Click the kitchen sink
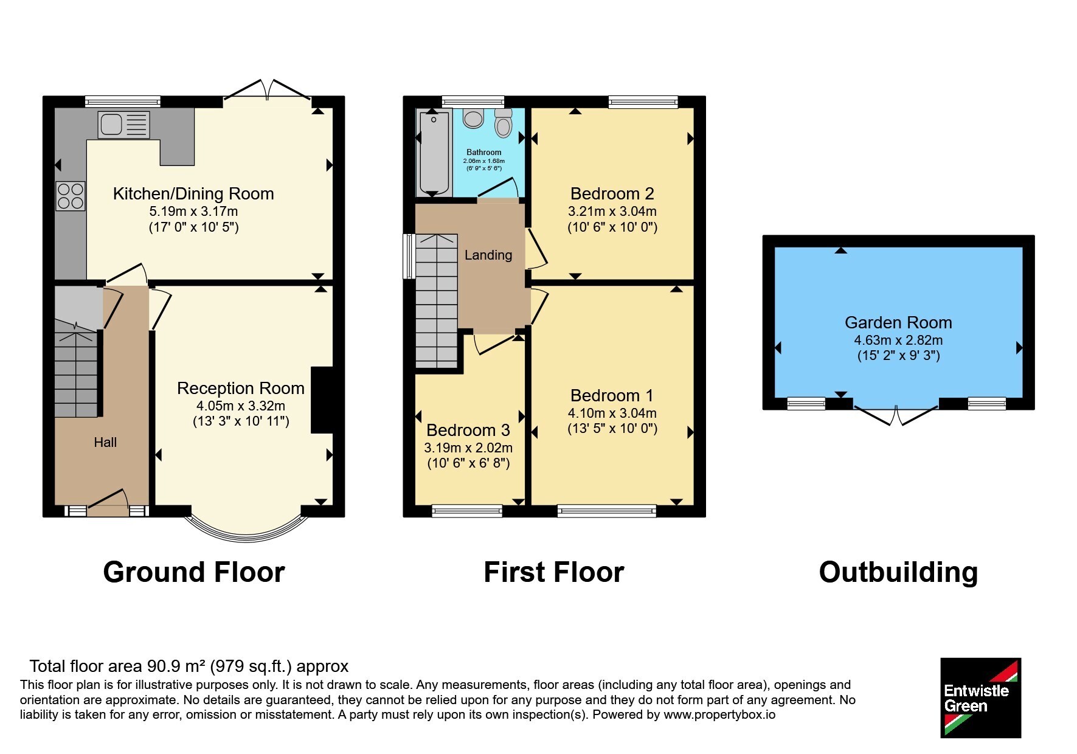(123, 125)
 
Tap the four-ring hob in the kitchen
(71, 196)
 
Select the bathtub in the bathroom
(433, 152)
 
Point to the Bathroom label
(484, 152)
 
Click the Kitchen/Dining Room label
(193, 194)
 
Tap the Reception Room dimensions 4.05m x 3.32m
(241, 406)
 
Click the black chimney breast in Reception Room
(322, 400)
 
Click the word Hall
(105, 442)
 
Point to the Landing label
(488, 255)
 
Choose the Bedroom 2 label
(612, 194)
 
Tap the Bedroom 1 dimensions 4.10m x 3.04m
(612, 413)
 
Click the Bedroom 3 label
(468, 431)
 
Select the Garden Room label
(898, 323)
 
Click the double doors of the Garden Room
(896, 415)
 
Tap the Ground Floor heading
(194, 572)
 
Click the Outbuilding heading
(898, 572)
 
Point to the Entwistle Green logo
(980, 698)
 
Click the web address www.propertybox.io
(719, 714)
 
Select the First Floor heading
(554, 572)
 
